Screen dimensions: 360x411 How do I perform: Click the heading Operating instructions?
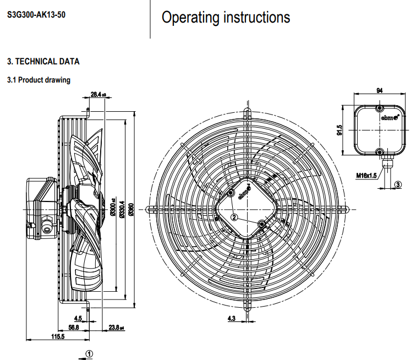coord(226,18)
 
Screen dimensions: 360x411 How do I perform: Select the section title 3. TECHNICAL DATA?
coord(43,61)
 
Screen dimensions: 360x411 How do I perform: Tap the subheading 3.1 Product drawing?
coord(39,80)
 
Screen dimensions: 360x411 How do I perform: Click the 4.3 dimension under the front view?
coord(232,318)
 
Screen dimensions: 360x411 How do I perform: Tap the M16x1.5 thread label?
coord(365,175)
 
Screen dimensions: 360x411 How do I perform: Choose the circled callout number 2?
coord(234,217)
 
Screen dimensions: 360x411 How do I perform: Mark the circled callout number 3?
coord(398,185)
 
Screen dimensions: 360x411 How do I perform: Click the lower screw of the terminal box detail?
coord(379,151)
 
